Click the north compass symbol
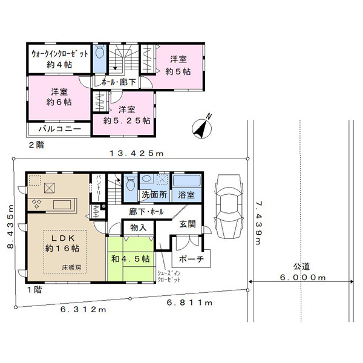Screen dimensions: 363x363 click(202, 128)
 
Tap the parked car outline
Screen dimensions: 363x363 click(229, 207)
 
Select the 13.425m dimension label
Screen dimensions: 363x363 click(137, 153)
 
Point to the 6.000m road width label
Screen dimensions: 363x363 click(303, 277)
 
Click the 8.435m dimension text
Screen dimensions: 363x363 click(11, 227)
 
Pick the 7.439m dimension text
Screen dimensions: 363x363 click(258, 223)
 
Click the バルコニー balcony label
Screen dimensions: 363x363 click(60, 129)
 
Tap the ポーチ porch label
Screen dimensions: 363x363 click(191, 258)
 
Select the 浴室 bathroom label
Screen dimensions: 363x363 click(186, 195)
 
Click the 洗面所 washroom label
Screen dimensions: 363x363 click(154, 194)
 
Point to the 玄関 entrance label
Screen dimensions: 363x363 click(188, 224)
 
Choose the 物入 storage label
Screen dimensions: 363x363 click(139, 227)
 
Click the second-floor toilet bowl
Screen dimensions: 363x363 click(100, 53)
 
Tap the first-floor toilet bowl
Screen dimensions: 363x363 click(131, 183)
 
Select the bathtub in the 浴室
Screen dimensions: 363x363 click(186, 181)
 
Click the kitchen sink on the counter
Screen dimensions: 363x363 click(62, 205)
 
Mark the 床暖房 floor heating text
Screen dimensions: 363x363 click(71, 267)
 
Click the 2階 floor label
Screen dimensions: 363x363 click(36, 145)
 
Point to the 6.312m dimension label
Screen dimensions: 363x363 click(83, 310)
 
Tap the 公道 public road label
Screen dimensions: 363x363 click(301, 267)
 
